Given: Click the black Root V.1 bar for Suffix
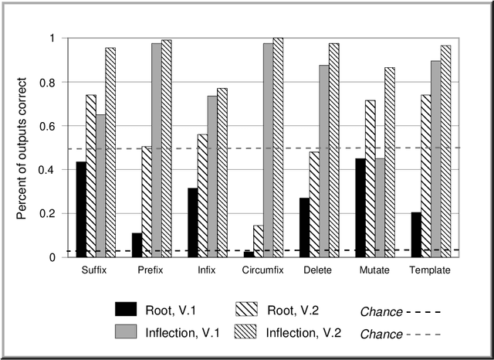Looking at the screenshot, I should [81, 209].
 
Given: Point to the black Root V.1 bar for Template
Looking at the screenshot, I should [416, 235].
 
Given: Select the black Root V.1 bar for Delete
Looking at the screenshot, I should [304, 227].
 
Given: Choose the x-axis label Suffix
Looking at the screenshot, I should [94, 271].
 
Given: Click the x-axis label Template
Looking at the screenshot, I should [430, 271].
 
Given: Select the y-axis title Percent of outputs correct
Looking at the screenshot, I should [23, 148].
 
